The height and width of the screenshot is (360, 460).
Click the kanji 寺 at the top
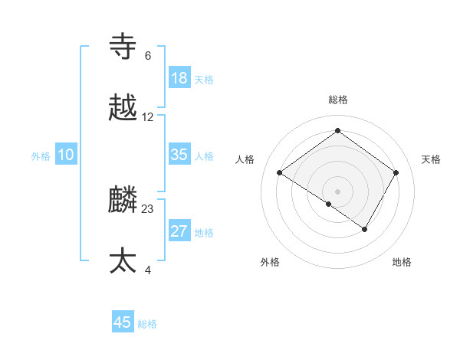(123, 47)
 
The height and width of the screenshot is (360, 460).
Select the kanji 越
(123, 108)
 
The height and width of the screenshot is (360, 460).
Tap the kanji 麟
(123, 200)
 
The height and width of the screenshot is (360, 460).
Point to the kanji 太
(123, 261)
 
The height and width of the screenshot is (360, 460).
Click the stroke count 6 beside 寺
(148, 56)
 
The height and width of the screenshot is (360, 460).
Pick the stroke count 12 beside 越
(148, 117)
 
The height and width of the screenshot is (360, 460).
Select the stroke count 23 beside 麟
(148, 208)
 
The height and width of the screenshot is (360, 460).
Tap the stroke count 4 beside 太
(148, 270)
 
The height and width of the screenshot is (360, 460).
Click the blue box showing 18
(179, 78)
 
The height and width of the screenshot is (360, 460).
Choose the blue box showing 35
(179, 155)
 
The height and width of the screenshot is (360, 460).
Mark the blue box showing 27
(179, 231)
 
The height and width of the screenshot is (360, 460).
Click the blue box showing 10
(66, 155)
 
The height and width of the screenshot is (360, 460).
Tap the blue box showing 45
(123, 322)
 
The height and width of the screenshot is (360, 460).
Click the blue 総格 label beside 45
(147, 324)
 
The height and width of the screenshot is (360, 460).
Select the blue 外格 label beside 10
(41, 156)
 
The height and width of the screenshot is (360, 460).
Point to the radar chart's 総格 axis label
(337, 100)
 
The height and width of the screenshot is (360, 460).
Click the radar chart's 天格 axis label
(431, 159)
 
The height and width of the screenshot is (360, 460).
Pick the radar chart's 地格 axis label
(402, 262)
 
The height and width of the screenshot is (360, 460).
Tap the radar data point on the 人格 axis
(280, 173)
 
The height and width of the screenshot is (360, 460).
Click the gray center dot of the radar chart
(337, 191)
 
